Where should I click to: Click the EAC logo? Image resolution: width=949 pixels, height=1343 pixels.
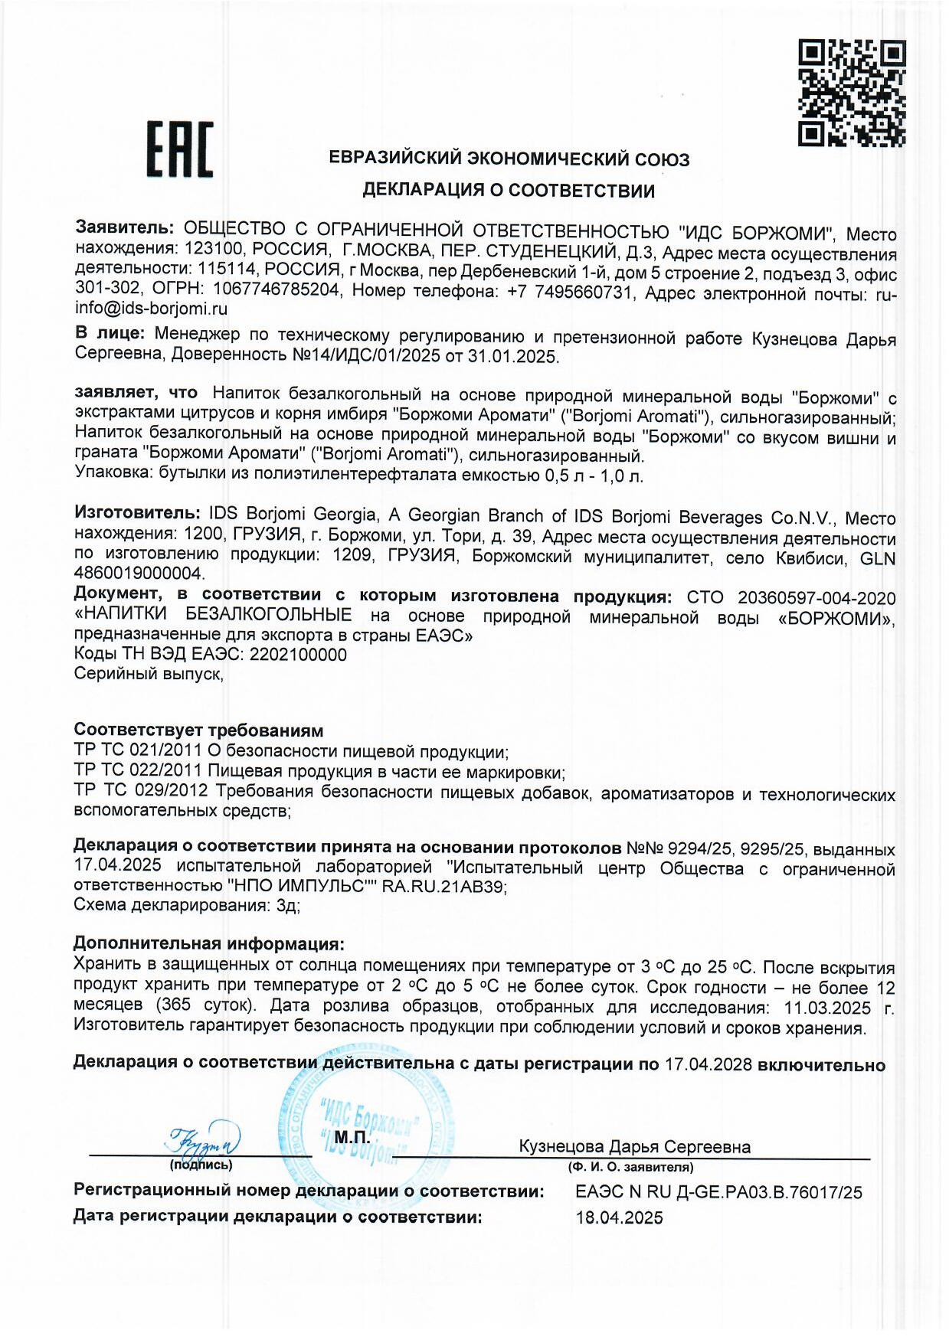point(179,150)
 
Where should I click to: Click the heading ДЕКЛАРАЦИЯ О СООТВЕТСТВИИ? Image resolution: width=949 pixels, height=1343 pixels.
point(509,191)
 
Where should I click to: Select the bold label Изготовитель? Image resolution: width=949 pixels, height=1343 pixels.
point(136,516)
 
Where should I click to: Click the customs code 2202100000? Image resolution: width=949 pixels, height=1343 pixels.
point(298,655)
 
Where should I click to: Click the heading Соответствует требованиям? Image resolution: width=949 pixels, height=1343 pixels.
point(198,730)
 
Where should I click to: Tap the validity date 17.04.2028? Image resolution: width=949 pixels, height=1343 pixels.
point(708,1065)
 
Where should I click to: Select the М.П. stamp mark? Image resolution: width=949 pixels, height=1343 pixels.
point(352,1138)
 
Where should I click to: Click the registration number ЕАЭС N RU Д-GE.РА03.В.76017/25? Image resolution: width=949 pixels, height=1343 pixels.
point(718,1192)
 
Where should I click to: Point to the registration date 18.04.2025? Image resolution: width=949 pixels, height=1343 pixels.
point(619,1218)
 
